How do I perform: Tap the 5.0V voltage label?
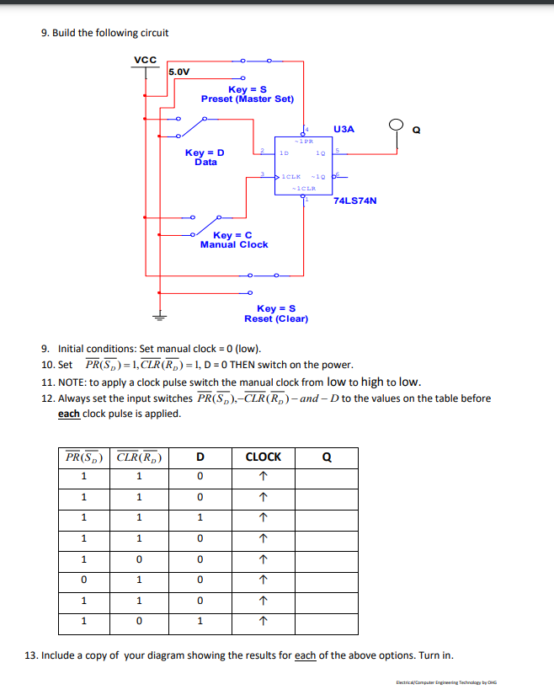(179, 72)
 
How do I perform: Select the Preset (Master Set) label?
(248, 99)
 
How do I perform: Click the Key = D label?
(205, 152)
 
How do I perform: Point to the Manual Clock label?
(234, 244)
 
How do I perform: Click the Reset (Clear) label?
(276, 319)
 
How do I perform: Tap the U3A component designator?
(344, 129)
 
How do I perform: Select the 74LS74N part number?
(355, 201)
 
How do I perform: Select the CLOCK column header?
(263, 457)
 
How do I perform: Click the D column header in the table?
(200, 457)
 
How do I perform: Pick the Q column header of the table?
(327, 457)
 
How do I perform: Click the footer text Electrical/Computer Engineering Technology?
(446, 683)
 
